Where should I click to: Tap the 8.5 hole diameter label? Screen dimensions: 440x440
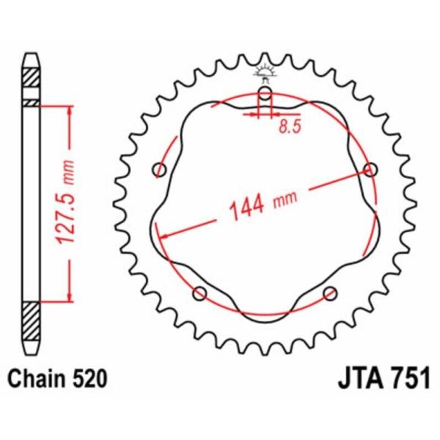[x=290, y=126]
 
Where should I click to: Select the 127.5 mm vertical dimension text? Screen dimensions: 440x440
[x=65, y=202]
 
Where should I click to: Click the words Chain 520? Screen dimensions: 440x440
[x=57, y=378]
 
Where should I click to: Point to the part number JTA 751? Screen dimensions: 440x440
[x=384, y=378]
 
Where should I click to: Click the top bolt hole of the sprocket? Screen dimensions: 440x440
[x=265, y=93]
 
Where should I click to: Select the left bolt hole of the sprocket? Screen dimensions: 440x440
[x=159, y=170]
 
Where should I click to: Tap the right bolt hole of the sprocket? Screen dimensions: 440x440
[x=370, y=169]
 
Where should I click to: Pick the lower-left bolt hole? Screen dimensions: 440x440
[x=199, y=293]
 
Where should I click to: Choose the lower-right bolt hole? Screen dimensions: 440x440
[x=330, y=293]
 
